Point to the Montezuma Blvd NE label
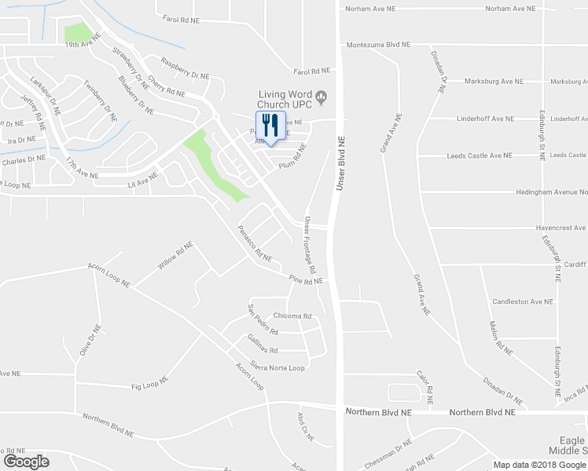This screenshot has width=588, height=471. (x=379, y=46)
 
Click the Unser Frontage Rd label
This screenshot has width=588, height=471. (x=310, y=245)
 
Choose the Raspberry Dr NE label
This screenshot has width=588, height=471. (x=185, y=68)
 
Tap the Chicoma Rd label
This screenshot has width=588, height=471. (x=292, y=316)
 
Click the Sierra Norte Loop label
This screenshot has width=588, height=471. (x=277, y=367)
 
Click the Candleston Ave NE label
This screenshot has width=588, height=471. (x=523, y=301)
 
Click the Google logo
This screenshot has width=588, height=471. (x=27, y=462)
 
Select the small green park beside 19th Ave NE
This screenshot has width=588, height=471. (x=79, y=33)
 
